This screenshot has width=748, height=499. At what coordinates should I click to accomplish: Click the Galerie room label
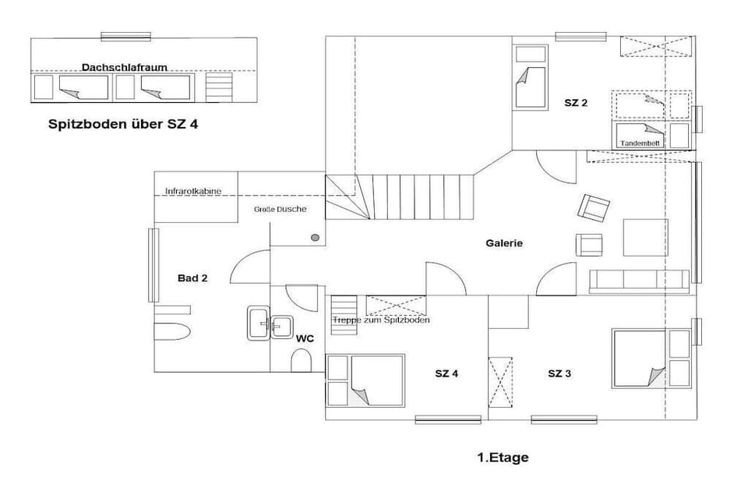(x=504, y=243)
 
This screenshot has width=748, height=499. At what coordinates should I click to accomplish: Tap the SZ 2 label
(x=576, y=103)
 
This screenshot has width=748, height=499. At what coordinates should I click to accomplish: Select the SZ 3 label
(x=559, y=373)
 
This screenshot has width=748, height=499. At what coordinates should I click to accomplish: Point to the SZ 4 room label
(x=446, y=373)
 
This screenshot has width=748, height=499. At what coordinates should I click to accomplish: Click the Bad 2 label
(x=192, y=278)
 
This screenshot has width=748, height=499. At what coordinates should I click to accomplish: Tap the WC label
(x=305, y=338)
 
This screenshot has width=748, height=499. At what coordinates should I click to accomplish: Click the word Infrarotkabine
(x=193, y=191)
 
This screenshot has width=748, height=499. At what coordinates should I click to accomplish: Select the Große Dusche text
(x=280, y=209)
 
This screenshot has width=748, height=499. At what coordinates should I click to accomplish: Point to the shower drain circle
(x=315, y=237)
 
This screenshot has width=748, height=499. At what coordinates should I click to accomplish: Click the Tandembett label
(x=640, y=143)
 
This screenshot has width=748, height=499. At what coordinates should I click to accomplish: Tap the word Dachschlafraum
(x=125, y=67)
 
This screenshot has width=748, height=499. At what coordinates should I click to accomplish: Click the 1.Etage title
(x=503, y=458)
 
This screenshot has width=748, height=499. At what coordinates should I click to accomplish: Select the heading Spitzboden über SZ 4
(x=123, y=124)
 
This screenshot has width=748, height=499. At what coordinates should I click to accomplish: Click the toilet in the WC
(x=301, y=360)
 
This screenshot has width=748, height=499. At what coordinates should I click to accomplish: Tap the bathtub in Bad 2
(x=173, y=331)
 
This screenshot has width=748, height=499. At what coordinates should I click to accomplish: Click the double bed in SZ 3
(x=638, y=358)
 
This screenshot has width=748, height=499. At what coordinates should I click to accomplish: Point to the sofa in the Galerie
(x=639, y=281)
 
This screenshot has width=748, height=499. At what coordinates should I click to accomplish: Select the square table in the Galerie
(x=645, y=237)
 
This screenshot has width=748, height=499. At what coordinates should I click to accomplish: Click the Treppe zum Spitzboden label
(x=381, y=320)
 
